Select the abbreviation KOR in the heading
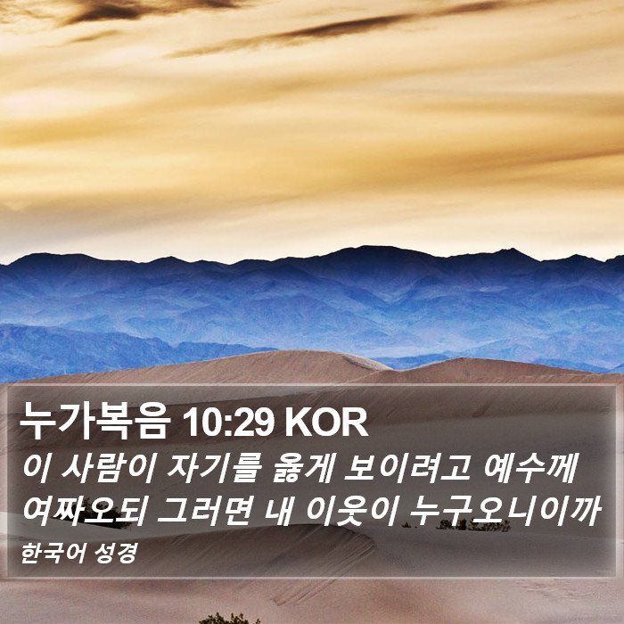pos(326,423)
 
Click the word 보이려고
pos(406,468)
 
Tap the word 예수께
pos(530,468)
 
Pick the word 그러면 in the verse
pos(204,511)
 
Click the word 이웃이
pos(352,511)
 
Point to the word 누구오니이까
pos(505,511)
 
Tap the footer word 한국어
pos(53,553)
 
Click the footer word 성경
pos(116,553)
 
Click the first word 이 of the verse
pos(37,468)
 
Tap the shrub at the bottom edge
pos(228,619)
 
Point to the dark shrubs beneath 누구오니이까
pos(472,524)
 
